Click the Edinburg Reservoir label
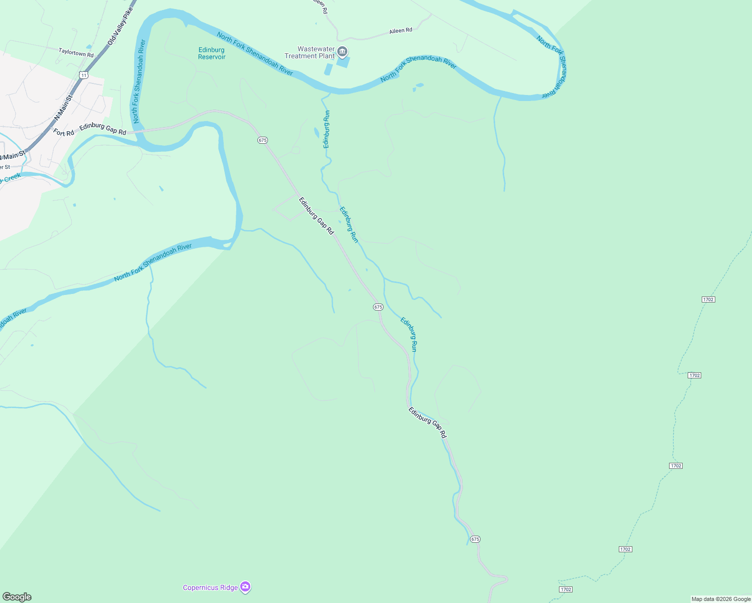tap(212, 53)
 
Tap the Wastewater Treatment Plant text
tap(310, 52)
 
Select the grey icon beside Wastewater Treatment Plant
tap(342, 51)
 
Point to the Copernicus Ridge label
tap(210, 587)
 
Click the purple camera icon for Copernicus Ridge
tap(245, 586)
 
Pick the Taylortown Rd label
tap(76, 52)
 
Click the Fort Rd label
tap(64, 133)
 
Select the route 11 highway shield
tap(83, 75)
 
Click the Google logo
tap(17, 597)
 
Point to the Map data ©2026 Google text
tap(721, 599)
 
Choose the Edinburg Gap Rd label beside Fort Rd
tap(103, 129)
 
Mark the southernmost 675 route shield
tap(475, 539)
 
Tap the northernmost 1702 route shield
tap(708, 299)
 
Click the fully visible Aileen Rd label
tap(401, 31)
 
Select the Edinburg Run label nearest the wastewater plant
tap(326, 129)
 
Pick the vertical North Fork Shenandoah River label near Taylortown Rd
tap(139, 81)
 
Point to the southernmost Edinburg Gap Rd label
tap(427, 423)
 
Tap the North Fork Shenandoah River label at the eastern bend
tap(555, 66)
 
